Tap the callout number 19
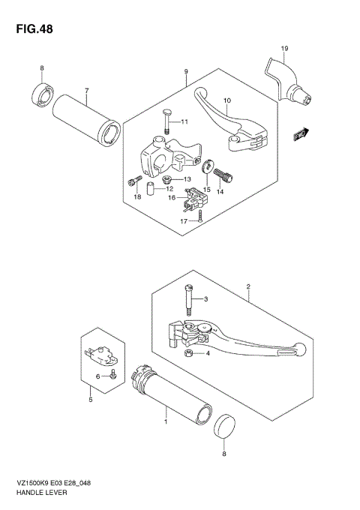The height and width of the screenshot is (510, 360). (285, 49)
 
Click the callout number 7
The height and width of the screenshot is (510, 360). (87, 91)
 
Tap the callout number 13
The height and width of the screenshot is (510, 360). (188, 179)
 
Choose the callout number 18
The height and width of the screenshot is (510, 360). (137, 196)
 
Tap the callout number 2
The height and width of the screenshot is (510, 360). (247, 287)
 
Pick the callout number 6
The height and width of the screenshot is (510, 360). (97, 376)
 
